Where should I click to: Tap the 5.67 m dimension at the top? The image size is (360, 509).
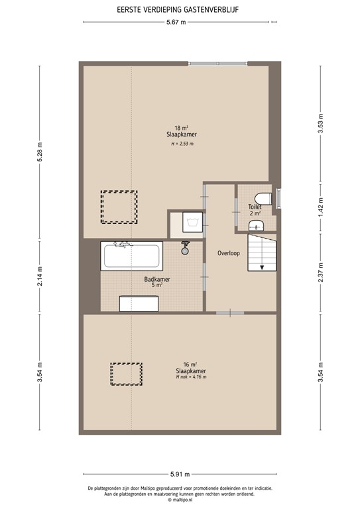click(176, 22)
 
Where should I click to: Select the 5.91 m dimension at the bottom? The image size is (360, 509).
click(180, 475)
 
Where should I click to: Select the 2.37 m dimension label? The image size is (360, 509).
click(320, 274)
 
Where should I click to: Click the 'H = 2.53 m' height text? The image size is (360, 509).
click(180, 143)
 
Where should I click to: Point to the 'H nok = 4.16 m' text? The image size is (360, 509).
click(191, 377)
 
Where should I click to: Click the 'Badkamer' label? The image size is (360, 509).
click(157, 280)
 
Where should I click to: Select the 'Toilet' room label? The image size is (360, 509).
click(255, 207)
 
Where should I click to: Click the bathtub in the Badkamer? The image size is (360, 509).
click(131, 255)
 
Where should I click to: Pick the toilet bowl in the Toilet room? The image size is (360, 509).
click(263, 198)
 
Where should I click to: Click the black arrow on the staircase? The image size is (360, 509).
click(263, 267)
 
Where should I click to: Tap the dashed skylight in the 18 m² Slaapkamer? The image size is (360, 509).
click(119, 207)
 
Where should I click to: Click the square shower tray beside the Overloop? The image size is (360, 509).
click(186, 223)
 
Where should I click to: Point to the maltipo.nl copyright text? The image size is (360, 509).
click(180, 500)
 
